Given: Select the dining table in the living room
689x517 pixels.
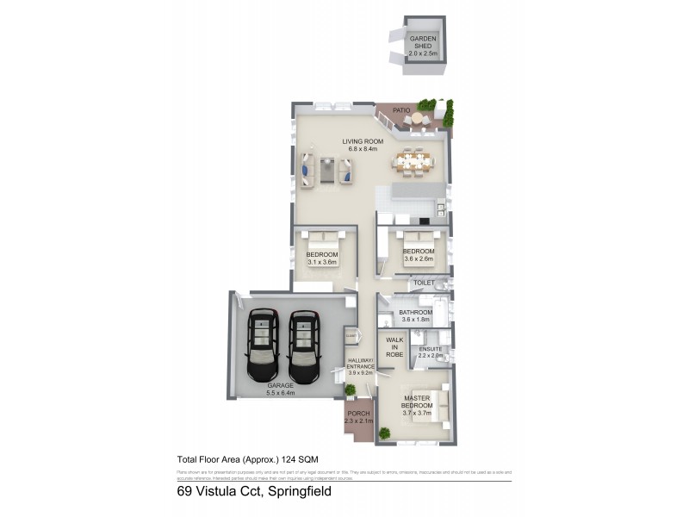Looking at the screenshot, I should (413, 161).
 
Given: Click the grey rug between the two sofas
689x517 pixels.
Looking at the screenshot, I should (327, 169).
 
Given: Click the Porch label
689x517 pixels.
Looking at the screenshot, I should (357, 416).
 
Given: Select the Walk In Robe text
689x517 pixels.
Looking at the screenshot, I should (394, 346).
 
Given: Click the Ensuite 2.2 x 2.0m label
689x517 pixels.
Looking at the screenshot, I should (430, 352).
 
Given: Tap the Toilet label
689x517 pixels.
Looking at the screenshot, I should (423, 282).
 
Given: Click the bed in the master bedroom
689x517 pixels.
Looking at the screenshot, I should (431, 406).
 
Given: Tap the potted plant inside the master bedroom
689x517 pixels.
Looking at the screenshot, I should (384, 433).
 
